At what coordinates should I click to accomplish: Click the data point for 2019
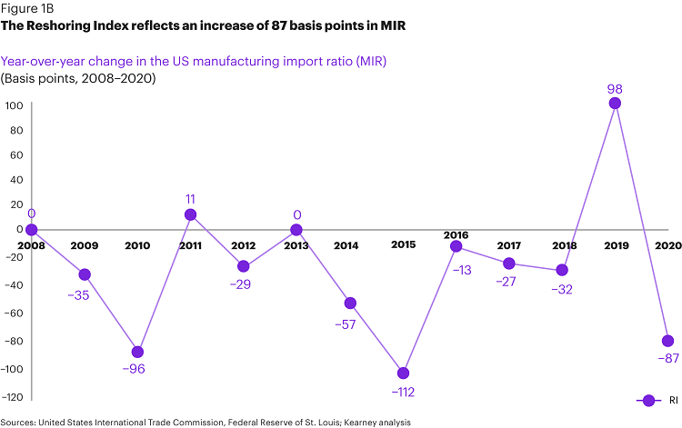pos(615,104)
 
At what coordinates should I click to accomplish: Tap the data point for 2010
pos(137,352)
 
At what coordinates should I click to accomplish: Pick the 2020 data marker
pos(668,341)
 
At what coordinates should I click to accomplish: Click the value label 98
pos(615,88)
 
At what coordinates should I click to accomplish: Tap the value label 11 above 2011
pos(190,198)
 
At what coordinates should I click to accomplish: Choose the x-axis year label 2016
pos(456,234)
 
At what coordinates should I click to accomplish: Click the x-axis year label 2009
pos(84,245)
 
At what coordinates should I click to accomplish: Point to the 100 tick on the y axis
pos(14,105)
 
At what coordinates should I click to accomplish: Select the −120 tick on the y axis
pos(12,397)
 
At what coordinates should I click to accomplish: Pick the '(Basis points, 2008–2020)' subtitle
pos(78,78)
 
